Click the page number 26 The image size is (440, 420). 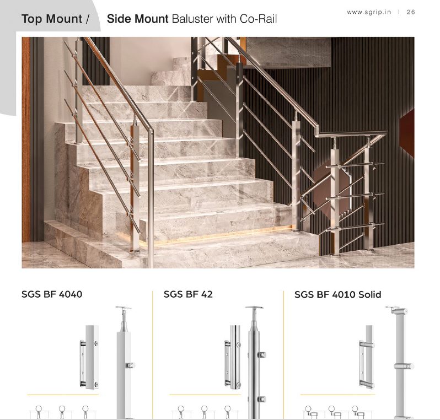click(x=411, y=12)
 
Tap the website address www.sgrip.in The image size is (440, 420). click(x=369, y=12)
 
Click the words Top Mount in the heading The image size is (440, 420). click(x=52, y=19)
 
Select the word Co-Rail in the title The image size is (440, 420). click(x=258, y=19)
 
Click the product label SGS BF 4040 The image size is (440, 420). click(x=52, y=294)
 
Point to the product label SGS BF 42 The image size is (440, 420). click(x=188, y=294)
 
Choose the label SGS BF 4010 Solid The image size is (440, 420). click(x=337, y=294)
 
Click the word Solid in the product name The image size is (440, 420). click(x=370, y=294)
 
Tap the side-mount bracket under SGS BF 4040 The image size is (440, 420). click(x=89, y=357)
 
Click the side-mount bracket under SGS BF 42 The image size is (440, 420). click(x=233, y=357)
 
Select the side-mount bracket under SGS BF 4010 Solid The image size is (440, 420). click(x=367, y=357)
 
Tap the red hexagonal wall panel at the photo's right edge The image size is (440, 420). click(x=407, y=134)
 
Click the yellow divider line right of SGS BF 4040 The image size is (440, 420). click(x=152, y=354)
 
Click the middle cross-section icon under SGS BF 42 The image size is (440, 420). click(x=204, y=412)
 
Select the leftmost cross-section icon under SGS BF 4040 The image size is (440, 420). click(x=39, y=412)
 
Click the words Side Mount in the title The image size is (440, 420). click(x=137, y=19)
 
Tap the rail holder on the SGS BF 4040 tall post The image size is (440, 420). click(x=131, y=365)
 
